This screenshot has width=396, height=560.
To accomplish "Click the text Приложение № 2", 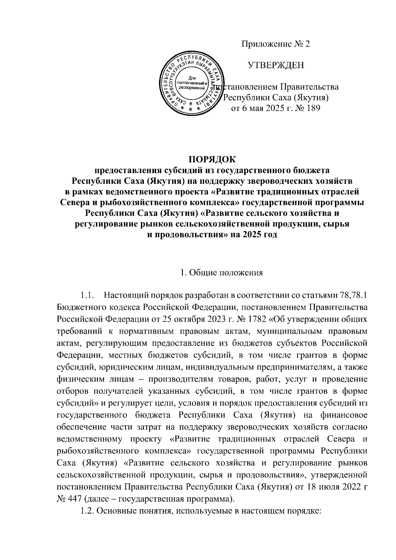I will coord(276,45).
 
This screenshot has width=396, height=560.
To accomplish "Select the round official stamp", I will coord(190,84).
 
